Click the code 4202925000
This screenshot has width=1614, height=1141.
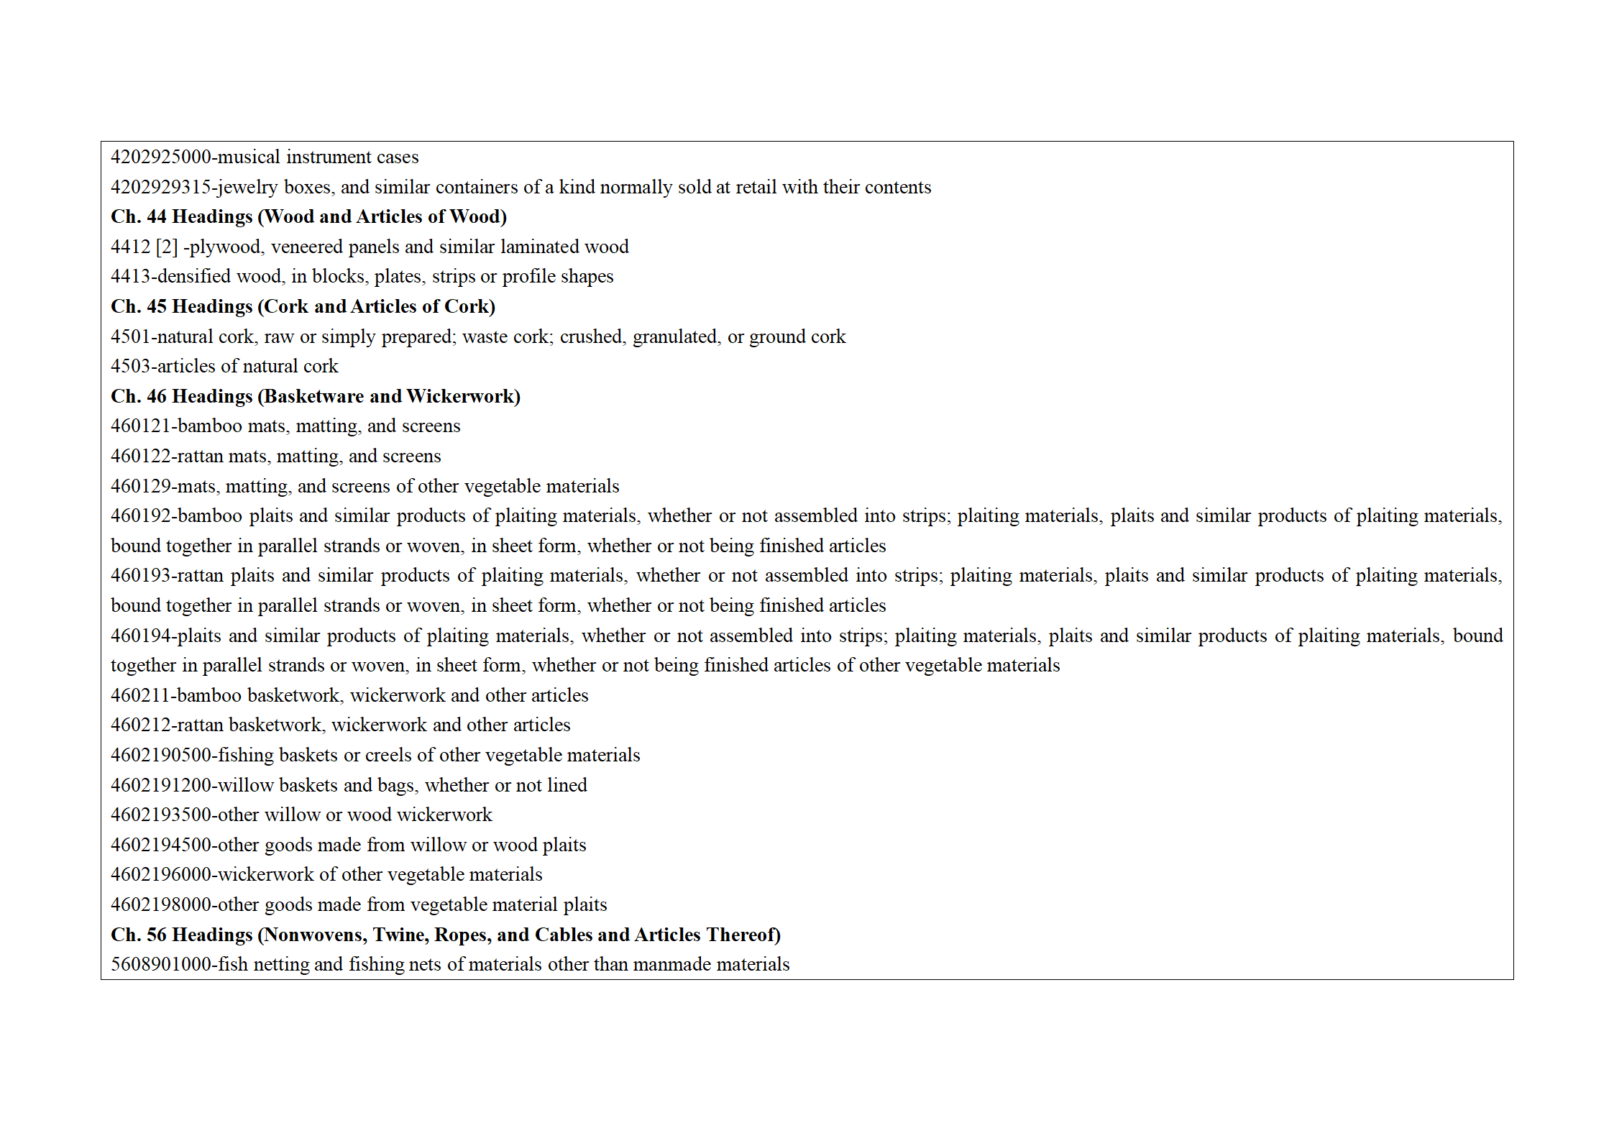point(160,157)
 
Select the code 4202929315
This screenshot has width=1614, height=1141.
point(160,188)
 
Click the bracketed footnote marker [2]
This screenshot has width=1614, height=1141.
point(166,247)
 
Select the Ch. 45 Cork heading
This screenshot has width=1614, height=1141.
point(303,307)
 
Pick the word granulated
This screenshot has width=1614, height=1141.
point(675,337)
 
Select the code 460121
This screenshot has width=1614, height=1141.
point(140,426)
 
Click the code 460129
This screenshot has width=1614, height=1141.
point(140,487)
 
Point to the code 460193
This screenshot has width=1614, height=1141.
point(140,576)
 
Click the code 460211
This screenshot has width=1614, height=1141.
point(140,696)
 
